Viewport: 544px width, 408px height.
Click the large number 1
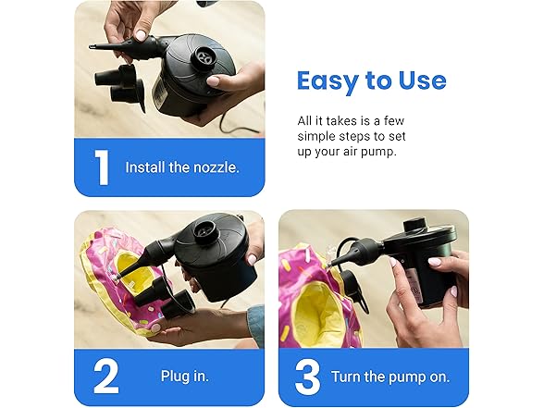101,167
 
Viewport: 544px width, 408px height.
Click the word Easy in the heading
332,80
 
